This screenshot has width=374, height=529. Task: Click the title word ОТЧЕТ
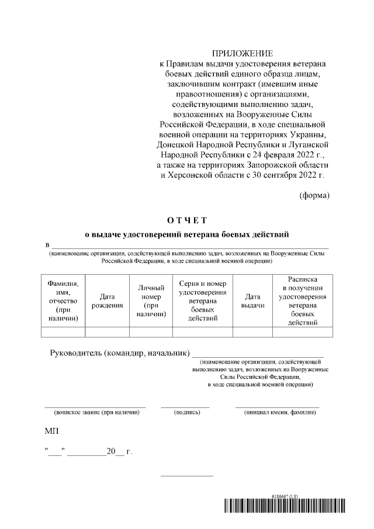coord(187,220)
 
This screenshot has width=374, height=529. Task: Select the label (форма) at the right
coord(314,195)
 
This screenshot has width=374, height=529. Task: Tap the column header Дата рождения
coord(107,301)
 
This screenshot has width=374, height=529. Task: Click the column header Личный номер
coord(151,300)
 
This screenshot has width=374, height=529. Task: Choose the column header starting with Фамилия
coord(63,301)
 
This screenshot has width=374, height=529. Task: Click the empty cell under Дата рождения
coord(107,332)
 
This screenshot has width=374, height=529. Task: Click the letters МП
coord(51,431)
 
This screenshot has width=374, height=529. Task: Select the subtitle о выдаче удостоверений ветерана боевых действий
coord(187,235)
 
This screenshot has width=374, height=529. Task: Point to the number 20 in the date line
coord(110,452)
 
